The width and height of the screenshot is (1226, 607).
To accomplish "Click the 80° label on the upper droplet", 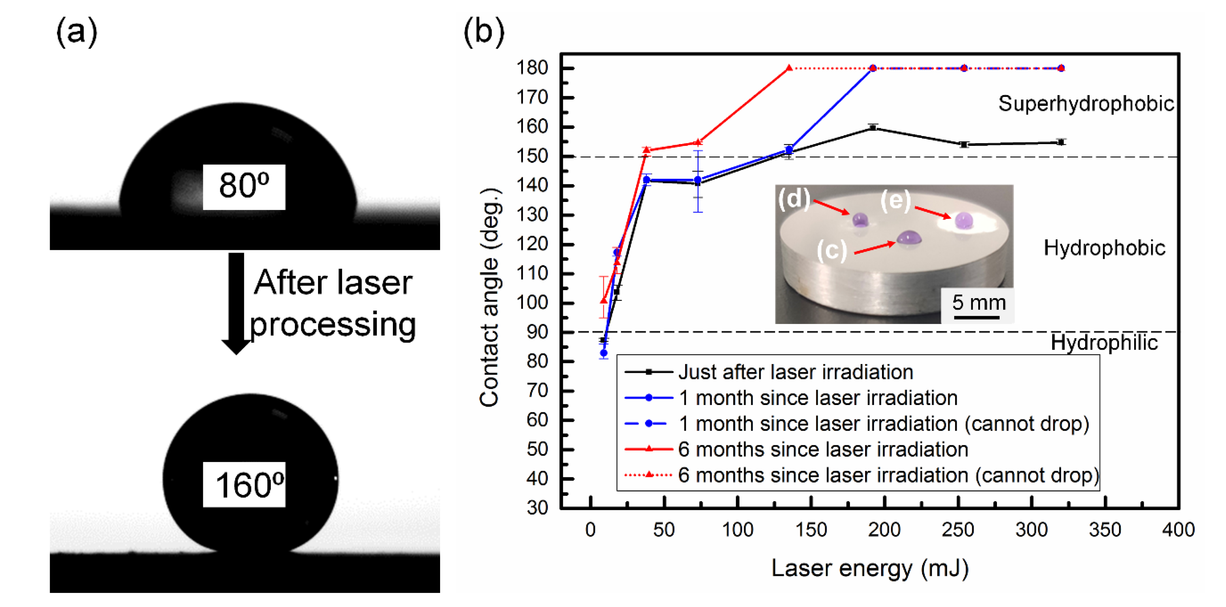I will tap(244, 186).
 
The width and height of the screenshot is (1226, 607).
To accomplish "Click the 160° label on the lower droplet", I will tap(244, 484).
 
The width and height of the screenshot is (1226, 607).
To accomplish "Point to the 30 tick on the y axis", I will tap(537, 508).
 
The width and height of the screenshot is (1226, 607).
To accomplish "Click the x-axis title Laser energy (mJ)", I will tap(869, 568).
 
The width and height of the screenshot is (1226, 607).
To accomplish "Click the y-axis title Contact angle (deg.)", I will tap(489, 297).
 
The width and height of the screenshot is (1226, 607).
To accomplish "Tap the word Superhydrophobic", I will tap(1086, 104).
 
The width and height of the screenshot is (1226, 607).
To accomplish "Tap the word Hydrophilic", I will tap(1104, 342).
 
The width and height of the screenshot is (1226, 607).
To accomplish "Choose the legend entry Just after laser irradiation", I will tap(795, 372).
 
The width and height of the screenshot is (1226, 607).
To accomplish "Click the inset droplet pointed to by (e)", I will tap(964, 221).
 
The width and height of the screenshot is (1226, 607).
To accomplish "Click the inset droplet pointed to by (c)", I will tap(909, 237).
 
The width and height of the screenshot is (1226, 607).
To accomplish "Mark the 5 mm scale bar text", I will tap(979, 302).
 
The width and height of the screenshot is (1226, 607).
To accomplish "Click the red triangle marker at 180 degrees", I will tap(789, 68).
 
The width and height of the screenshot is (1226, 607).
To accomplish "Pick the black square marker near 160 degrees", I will tap(872, 127).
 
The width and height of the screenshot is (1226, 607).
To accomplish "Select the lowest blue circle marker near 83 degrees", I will tap(604, 353).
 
